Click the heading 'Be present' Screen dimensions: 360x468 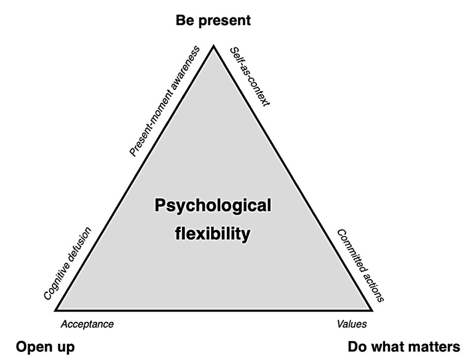[213, 20]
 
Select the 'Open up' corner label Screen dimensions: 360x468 [45, 346]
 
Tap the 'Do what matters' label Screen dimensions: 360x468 [403, 346]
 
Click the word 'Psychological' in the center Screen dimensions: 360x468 [212, 205]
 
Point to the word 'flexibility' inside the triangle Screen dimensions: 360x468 [212, 234]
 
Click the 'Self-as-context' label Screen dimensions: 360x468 [250, 75]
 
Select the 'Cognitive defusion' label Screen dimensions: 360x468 [68, 263]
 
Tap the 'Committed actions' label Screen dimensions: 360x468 [360, 266]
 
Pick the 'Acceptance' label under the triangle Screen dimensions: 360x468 [87, 324]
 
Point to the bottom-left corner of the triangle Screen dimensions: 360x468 [55, 310]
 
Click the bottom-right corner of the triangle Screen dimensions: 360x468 [372, 310]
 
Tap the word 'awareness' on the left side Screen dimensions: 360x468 [185, 69]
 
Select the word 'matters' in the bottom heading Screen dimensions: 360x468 [435, 346]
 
